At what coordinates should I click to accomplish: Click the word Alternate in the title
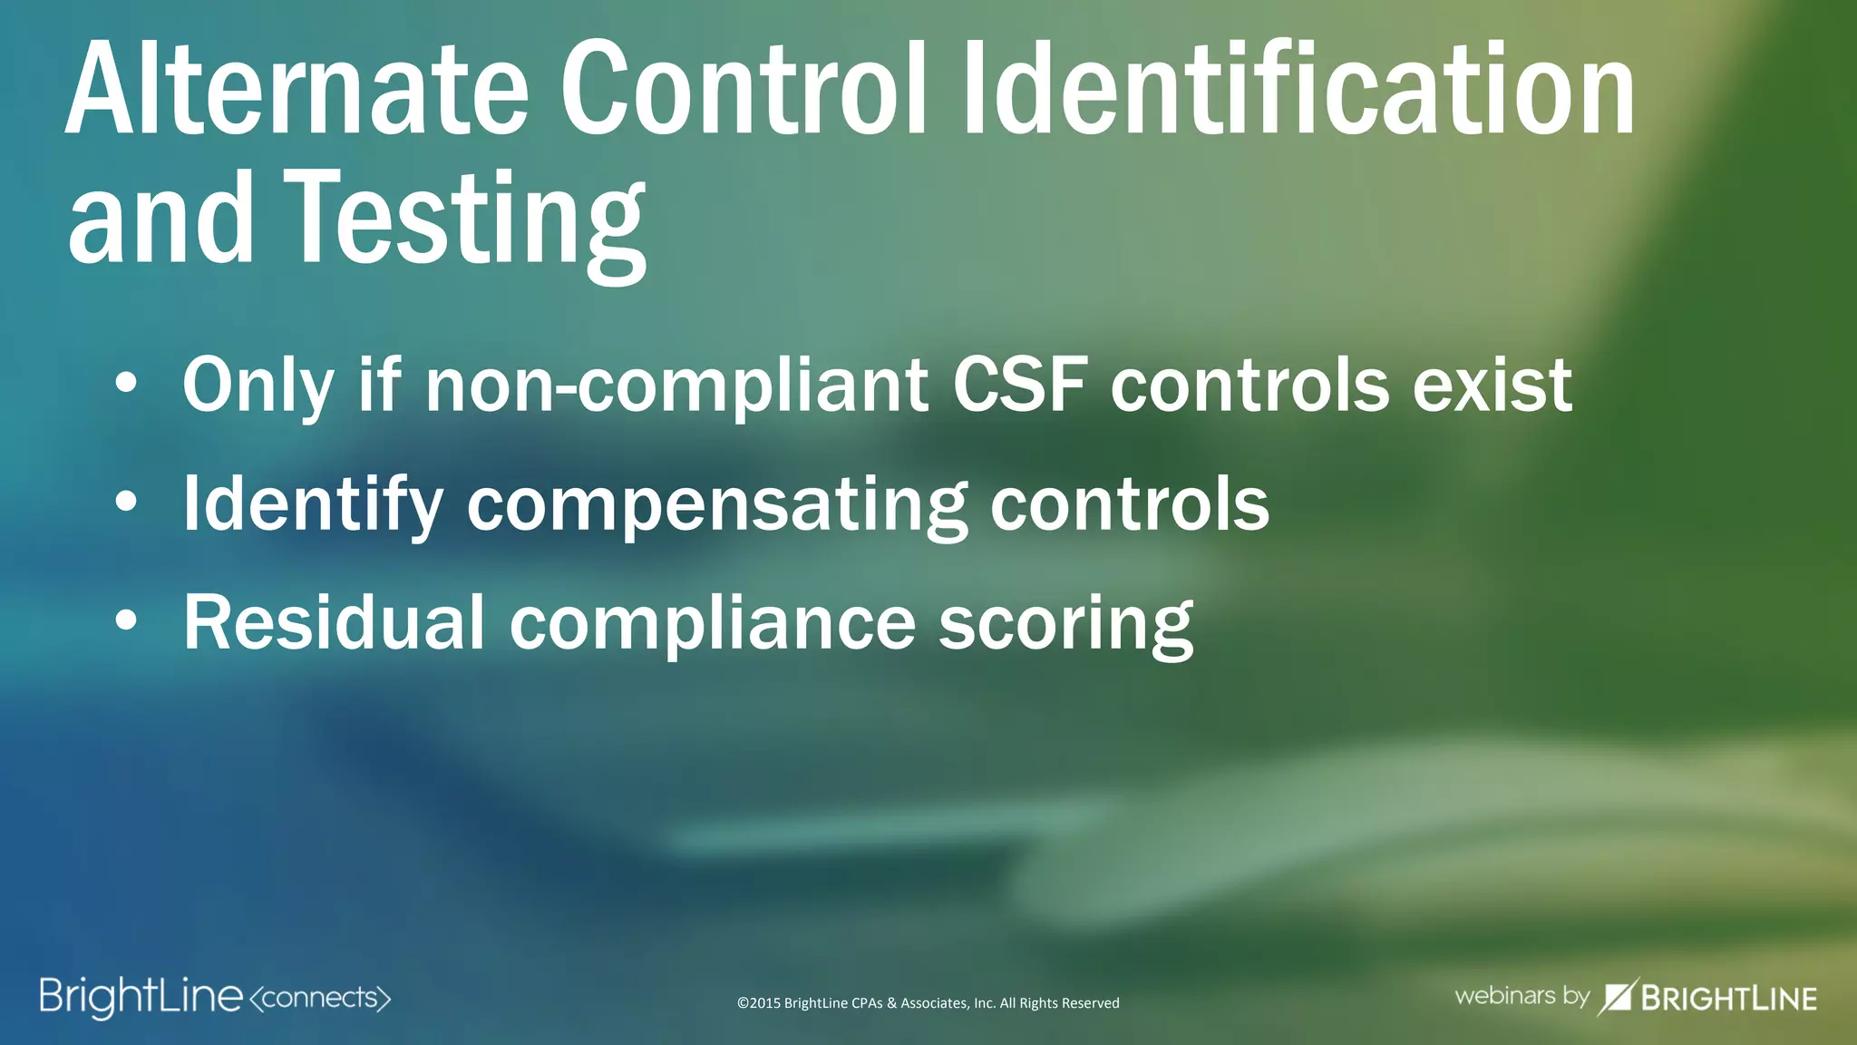(x=297, y=91)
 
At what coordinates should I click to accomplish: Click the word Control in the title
(x=744, y=91)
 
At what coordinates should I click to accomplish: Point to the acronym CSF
(x=1019, y=385)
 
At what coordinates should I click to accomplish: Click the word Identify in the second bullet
(x=313, y=506)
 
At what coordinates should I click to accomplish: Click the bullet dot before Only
(x=127, y=385)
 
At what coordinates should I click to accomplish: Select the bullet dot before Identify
(x=127, y=503)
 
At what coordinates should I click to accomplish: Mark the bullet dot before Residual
(x=127, y=621)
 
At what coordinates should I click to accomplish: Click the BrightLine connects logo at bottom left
(x=215, y=997)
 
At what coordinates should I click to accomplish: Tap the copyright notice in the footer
(x=928, y=1002)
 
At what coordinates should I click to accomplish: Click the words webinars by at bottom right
(x=1522, y=995)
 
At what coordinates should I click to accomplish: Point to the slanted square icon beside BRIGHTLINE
(x=1617, y=996)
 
